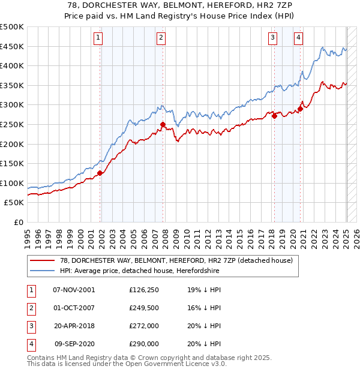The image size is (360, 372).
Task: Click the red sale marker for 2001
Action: tap(100, 173)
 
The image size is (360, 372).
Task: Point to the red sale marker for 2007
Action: tap(163, 125)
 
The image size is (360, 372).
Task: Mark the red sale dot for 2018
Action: tap(274, 116)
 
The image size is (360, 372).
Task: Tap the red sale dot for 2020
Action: tap(300, 109)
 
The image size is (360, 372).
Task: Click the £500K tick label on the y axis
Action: tap(12, 27)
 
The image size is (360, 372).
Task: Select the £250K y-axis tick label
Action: tap(12, 124)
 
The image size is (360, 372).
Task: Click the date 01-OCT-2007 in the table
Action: tap(74, 308)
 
